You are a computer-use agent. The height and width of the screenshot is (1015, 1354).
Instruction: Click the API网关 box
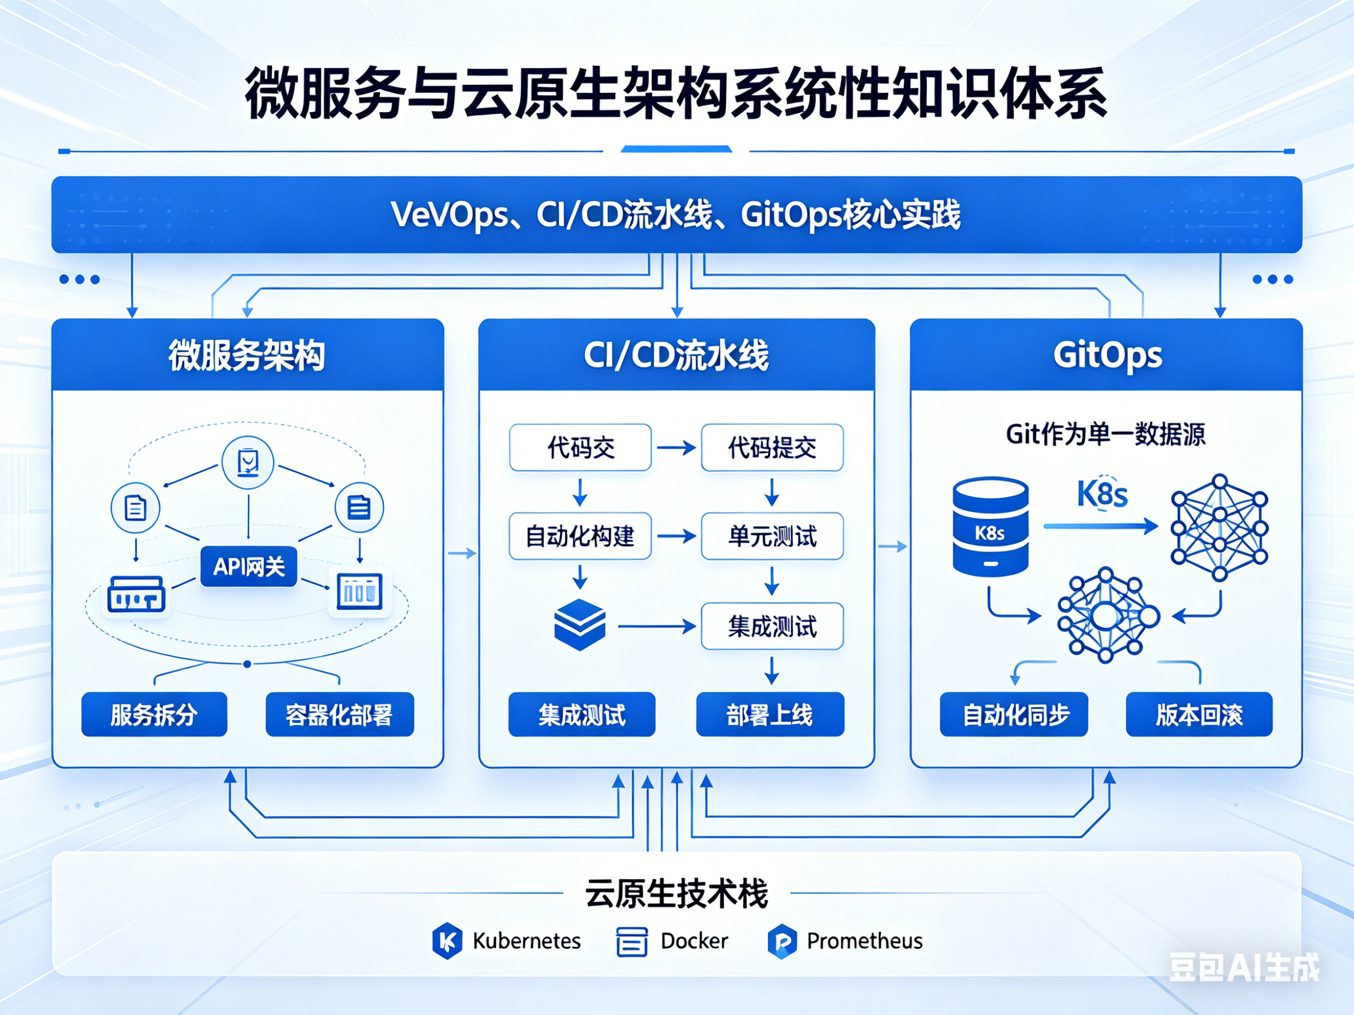point(249,567)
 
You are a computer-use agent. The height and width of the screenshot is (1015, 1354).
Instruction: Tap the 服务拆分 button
point(154,714)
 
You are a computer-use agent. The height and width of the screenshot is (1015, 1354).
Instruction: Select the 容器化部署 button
point(340,714)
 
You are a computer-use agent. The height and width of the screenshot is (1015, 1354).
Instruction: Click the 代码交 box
point(580,447)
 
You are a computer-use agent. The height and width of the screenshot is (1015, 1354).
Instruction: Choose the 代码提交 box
point(772,447)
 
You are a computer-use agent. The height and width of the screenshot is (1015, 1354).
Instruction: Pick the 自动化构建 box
point(580,536)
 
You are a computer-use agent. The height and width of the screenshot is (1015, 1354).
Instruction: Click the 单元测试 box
point(772,536)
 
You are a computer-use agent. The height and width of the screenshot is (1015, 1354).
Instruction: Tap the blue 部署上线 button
point(770,714)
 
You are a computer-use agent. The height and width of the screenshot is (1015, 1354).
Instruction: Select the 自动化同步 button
point(1014,714)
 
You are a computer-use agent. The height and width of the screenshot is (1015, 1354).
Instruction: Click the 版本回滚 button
point(1199,714)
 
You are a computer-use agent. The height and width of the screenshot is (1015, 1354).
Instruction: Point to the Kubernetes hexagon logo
point(447,941)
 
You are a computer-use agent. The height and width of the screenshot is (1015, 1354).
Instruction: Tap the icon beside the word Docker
point(632,941)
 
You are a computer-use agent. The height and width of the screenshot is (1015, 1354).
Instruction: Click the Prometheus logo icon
point(782,941)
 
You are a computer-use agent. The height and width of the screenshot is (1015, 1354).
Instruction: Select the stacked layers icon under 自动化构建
point(580,624)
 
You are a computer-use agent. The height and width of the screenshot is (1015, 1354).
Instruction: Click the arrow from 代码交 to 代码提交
point(676,448)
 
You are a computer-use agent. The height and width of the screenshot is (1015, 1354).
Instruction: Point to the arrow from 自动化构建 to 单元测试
point(676,536)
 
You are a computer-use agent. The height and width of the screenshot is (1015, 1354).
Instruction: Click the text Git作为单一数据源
point(1105,435)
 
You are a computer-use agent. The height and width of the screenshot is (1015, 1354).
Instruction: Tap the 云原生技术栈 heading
point(676,894)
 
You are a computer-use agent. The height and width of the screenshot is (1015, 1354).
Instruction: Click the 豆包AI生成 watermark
point(1244,967)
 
